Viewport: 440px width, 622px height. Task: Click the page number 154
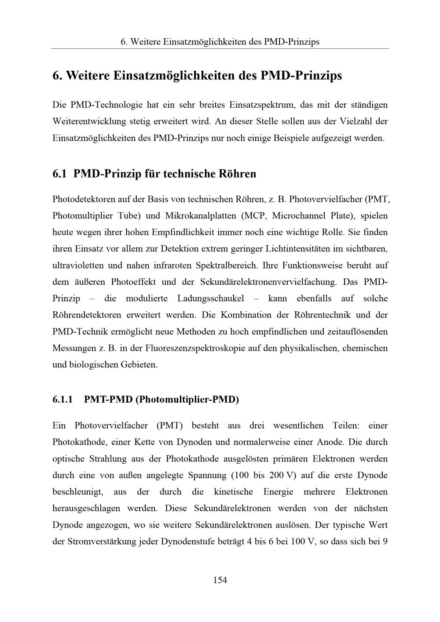pyautogui.click(x=220, y=580)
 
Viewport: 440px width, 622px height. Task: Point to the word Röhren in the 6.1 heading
pyautogui.click(x=237, y=174)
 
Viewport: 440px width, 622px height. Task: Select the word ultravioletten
pyautogui.click(x=78, y=266)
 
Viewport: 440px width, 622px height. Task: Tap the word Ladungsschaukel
pyautogui.click(x=211, y=298)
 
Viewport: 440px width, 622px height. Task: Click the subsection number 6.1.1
pyautogui.click(x=62, y=400)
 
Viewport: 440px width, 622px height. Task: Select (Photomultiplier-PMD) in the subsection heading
pyautogui.click(x=187, y=400)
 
